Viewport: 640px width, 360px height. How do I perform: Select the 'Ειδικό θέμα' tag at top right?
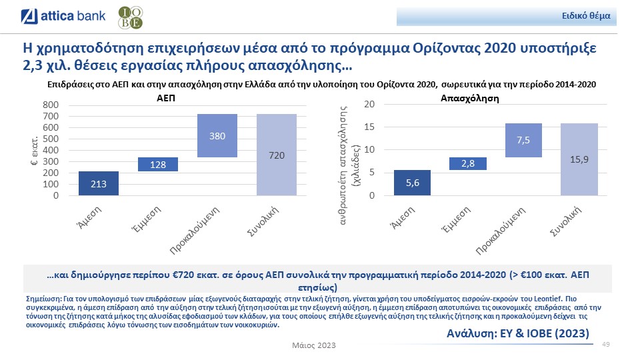pos(590,15)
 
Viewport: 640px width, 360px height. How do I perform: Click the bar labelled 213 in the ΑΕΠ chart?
pos(99,183)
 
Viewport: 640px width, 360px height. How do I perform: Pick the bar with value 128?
pos(158,164)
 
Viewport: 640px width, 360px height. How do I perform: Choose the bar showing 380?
pos(217,136)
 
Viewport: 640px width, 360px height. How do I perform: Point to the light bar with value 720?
pos(277,155)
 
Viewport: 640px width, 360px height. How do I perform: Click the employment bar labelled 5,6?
pos(412,183)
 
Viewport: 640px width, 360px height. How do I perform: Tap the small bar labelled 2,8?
pos(468,163)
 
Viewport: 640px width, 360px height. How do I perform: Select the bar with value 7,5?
pos(523,140)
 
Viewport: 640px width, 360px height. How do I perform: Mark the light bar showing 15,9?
pos(579,159)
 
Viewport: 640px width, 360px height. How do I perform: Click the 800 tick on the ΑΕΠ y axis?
pos(51,105)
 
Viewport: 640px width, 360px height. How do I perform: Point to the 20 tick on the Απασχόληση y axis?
pos(369,105)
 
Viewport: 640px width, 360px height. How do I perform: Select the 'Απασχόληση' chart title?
pos(470,98)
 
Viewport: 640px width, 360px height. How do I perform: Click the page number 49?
pos(607,344)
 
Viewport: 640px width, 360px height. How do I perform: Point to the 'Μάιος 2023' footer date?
pos(314,345)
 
